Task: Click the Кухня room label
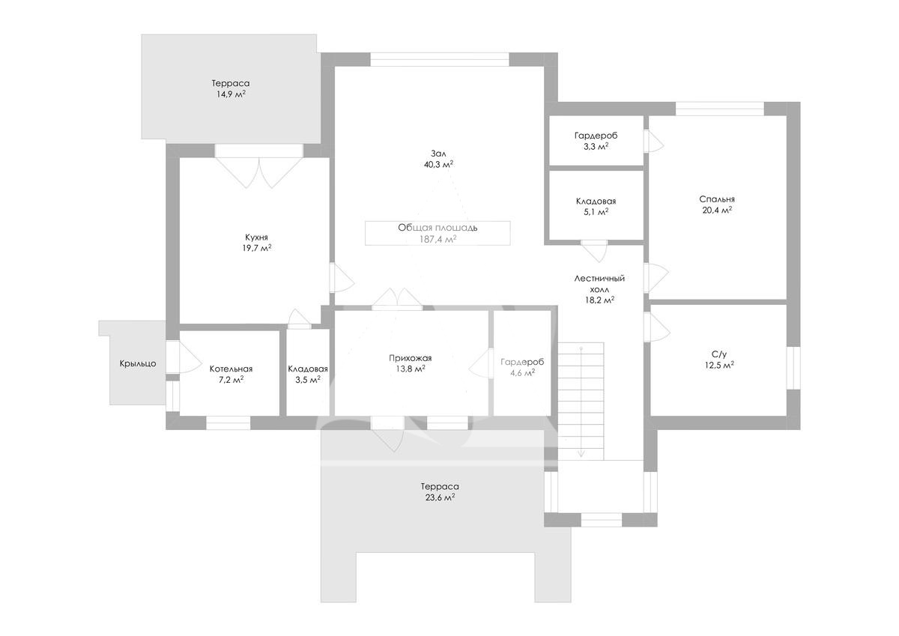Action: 256,237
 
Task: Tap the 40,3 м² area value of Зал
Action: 439,164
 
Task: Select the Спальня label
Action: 717,199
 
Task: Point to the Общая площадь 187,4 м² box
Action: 438,233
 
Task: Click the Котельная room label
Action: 231,369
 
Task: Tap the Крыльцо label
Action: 138,363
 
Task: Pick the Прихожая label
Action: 411,358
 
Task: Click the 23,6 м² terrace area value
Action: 440,497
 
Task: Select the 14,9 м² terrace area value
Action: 231,94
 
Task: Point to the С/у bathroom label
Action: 719,354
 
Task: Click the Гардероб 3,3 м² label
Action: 596,141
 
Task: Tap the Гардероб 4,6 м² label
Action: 522,367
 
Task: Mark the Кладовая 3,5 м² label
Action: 308,374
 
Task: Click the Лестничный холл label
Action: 599,283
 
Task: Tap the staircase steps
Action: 581,401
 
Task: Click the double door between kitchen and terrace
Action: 259,172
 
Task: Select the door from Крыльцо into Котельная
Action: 184,357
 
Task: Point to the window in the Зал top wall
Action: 440,59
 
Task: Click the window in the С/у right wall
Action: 793,368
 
